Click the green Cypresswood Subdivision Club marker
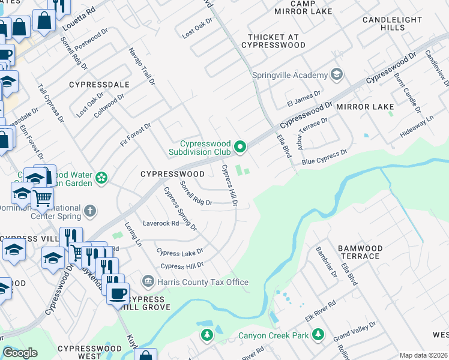click(x=240, y=146)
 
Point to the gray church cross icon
click(x=89, y=211)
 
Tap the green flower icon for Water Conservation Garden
click(x=101, y=178)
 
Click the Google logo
click(x=20, y=353)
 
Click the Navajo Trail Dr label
click(x=142, y=65)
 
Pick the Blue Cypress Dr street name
click(x=324, y=157)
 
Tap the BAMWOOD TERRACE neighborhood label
click(x=360, y=252)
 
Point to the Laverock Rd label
click(x=160, y=223)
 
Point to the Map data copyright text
click(x=423, y=355)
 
